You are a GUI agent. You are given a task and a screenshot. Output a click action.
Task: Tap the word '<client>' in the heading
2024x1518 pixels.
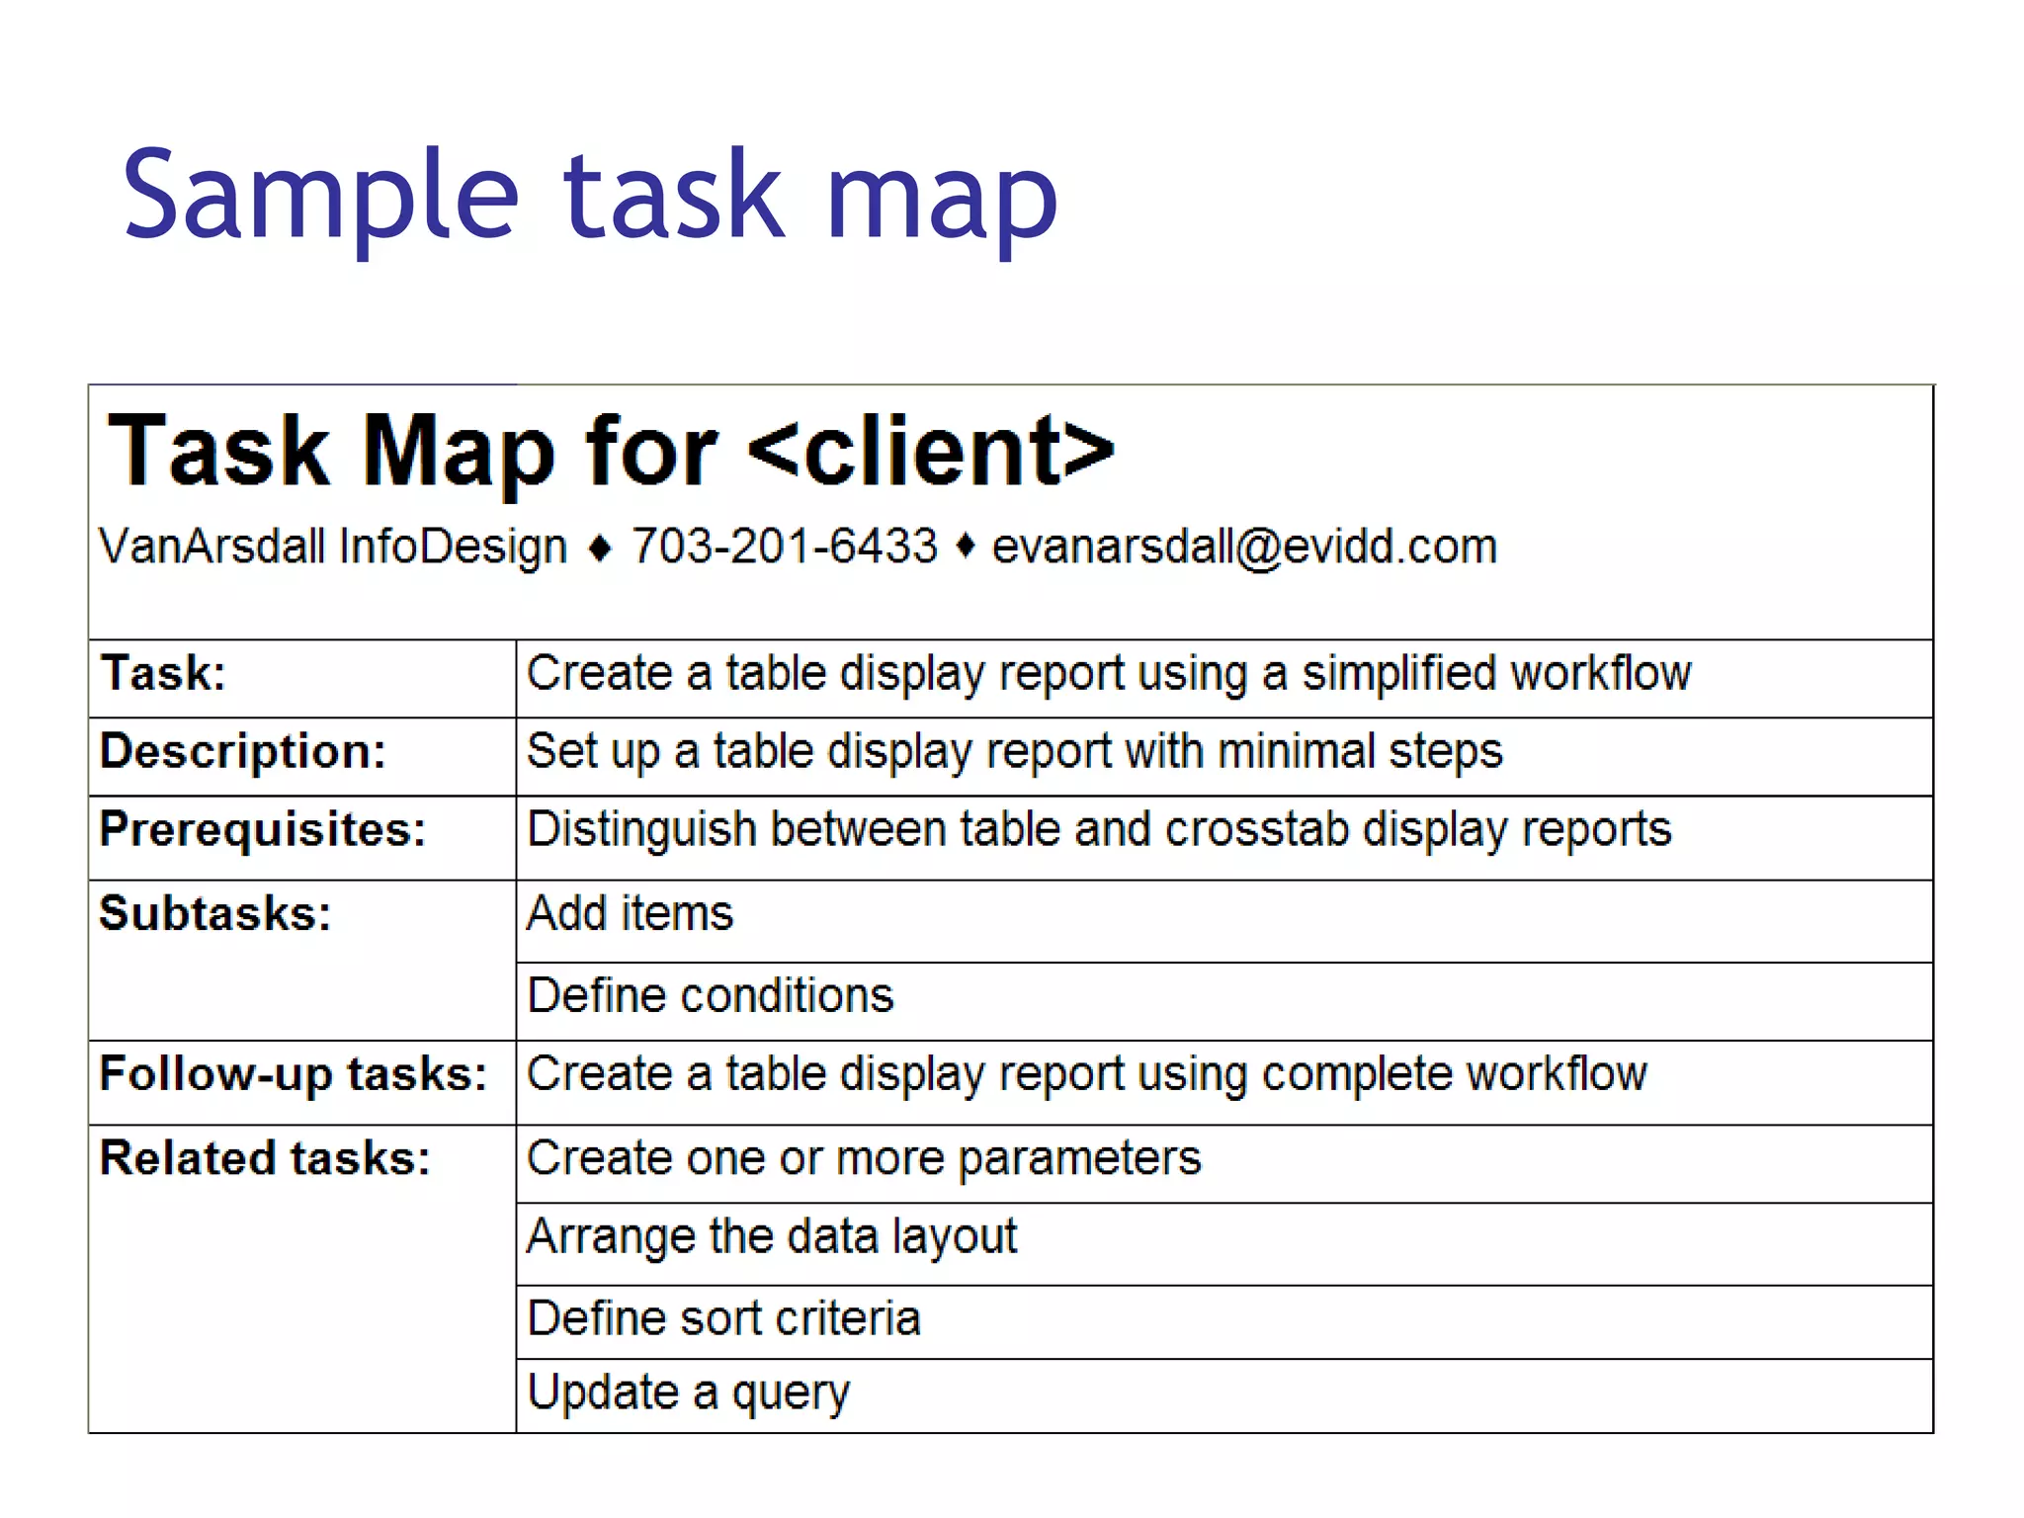[x=931, y=452]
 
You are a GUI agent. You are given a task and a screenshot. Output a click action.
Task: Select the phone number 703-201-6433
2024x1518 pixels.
[x=785, y=547]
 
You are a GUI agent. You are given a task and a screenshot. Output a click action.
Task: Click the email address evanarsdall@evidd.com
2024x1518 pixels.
[x=1244, y=547]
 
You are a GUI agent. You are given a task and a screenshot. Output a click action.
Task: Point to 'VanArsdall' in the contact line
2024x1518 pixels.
[x=211, y=547]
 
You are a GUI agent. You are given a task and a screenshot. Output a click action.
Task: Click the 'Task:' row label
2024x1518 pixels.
[x=163, y=674]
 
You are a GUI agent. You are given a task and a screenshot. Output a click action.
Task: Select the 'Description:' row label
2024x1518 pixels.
[x=243, y=751]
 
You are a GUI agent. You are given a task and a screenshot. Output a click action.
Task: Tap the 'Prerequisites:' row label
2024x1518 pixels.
[x=263, y=829]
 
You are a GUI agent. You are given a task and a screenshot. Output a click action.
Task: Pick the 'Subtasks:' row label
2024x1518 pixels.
[x=215, y=913]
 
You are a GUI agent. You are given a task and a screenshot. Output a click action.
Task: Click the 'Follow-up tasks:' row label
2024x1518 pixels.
[x=294, y=1074]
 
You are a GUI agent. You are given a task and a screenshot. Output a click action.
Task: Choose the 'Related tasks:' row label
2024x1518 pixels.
[x=265, y=1158]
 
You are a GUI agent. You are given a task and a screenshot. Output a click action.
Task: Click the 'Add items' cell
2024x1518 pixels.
[x=631, y=913]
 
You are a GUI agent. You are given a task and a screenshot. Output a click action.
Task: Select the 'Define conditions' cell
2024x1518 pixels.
[x=711, y=995]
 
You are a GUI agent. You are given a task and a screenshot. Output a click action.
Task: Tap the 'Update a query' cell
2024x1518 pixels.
[x=689, y=1392]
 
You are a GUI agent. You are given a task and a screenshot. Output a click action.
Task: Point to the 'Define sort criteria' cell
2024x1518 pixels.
[x=724, y=1318]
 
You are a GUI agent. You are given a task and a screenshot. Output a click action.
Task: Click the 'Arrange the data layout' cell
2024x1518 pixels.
[x=772, y=1236]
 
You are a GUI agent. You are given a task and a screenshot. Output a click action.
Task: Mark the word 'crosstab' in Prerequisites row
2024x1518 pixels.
[x=1256, y=829]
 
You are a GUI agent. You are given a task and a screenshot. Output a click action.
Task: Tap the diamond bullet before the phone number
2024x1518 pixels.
[x=600, y=548]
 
